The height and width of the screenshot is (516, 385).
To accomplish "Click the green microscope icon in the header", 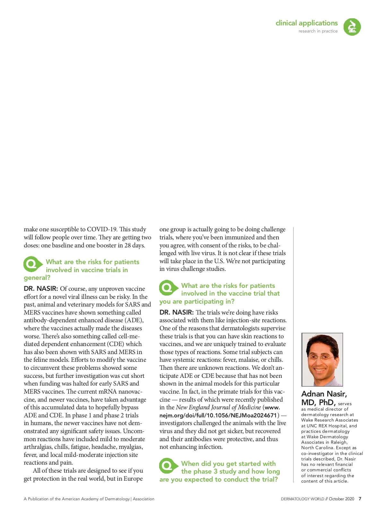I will (352, 27).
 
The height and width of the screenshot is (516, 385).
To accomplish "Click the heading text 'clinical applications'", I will (306, 23).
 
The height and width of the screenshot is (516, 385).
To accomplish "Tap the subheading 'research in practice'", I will (318, 31).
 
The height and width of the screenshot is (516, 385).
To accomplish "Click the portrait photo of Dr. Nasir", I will (322, 359).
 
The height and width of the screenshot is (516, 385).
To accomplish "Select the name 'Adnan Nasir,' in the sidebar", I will (324, 394).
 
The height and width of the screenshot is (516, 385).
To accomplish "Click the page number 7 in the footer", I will (360, 499).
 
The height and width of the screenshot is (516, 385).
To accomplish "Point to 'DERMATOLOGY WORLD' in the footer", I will (302, 499).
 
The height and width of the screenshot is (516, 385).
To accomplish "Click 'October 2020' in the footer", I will (341, 499).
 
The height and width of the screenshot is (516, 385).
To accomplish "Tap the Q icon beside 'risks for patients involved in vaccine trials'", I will (32, 264).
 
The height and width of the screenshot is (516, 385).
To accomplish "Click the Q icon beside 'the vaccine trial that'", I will (168, 288).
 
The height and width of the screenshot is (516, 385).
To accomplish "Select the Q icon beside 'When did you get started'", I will (168, 466).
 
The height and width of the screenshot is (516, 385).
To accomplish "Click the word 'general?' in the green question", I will (37, 278).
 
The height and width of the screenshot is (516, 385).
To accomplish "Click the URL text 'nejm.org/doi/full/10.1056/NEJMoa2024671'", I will (218, 415).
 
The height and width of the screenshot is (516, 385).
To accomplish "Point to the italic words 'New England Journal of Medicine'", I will (218, 407).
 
